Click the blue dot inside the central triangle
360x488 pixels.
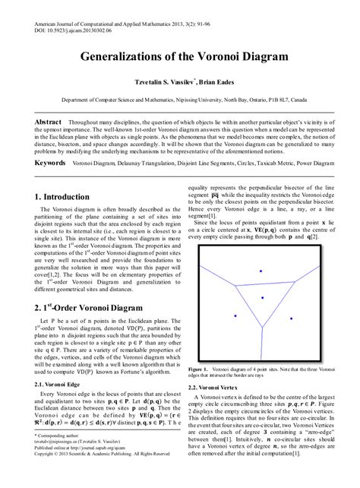pos(262,297)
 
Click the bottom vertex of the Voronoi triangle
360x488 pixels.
pos(262,327)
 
